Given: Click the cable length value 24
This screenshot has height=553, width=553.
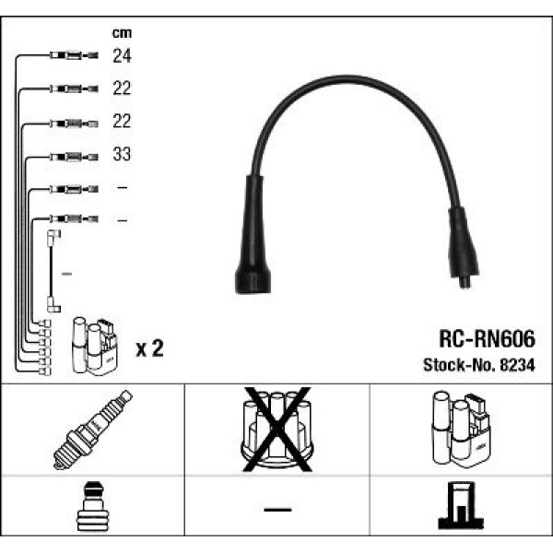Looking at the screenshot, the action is pos(122,55).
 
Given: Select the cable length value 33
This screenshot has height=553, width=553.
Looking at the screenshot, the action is pos(122,154).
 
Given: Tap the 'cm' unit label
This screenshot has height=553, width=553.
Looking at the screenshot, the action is pos(122,33).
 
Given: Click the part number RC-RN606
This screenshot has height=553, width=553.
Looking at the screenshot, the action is pos(487,339).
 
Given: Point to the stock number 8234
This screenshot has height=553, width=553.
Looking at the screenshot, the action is pos(517,365).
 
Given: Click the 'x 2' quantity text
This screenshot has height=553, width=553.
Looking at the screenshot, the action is pos(149,348).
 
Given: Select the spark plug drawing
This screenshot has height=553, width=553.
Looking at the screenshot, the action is pos(93,429).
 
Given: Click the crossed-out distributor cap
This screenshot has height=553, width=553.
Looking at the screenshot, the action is pos(277,429).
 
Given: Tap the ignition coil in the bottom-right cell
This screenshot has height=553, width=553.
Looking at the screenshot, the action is pos(461,429).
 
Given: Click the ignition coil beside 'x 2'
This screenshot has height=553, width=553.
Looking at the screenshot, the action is pos(95,346).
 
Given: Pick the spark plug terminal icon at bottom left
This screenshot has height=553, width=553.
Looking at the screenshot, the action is pos(93,506).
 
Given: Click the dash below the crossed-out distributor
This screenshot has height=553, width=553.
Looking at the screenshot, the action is pos(277,510).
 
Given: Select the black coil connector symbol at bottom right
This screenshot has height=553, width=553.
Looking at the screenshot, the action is pos(461,505).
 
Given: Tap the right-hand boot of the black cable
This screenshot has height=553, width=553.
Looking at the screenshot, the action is pos(463,243).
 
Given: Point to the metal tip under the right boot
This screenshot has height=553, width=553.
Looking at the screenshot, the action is pos(465,282).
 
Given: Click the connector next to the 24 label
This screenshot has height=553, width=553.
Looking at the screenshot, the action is pos(74,55).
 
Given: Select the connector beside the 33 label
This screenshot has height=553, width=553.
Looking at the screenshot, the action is pos(74,157).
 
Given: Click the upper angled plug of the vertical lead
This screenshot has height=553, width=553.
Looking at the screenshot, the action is pos(53,237).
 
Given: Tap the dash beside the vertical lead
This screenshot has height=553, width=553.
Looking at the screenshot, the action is pos(67,274).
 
